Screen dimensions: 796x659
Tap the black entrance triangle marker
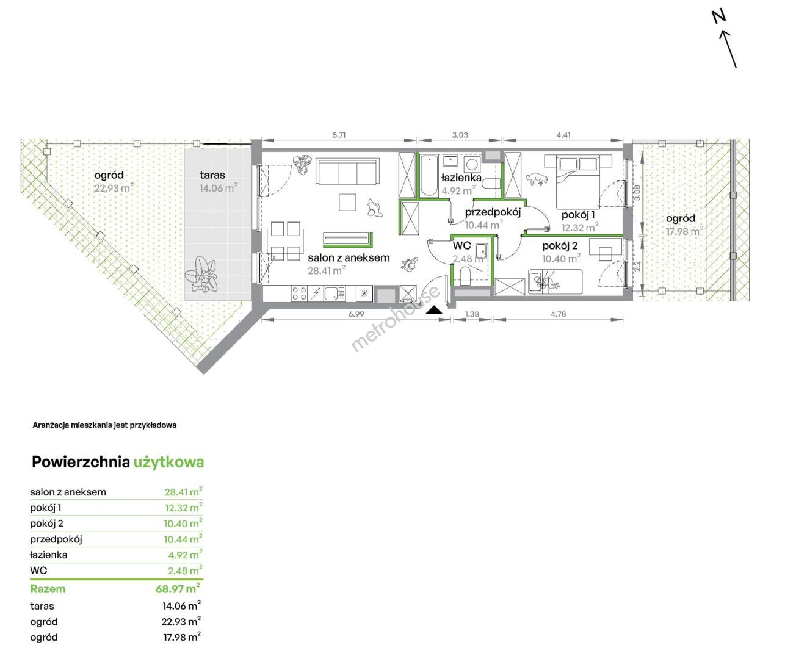point(434,310)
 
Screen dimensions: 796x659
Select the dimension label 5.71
point(339,135)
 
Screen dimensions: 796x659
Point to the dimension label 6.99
point(356,314)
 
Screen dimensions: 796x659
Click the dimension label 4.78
point(558,314)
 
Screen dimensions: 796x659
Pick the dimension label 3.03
point(460,135)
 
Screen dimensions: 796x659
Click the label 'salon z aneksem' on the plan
point(349,257)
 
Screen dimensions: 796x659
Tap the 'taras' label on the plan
point(212,175)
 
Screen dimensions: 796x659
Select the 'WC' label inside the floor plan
point(462,245)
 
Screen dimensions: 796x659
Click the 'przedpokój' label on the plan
point(493,212)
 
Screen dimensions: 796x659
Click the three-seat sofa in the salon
point(347,171)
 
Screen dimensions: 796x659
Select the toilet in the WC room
point(465,276)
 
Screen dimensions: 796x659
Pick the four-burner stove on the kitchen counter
point(299,293)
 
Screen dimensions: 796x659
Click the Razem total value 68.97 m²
point(178,588)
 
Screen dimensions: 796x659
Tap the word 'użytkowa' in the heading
point(168,463)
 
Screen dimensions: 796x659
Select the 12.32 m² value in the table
point(183,507)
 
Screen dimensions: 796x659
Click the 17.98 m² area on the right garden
point(684,231)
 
